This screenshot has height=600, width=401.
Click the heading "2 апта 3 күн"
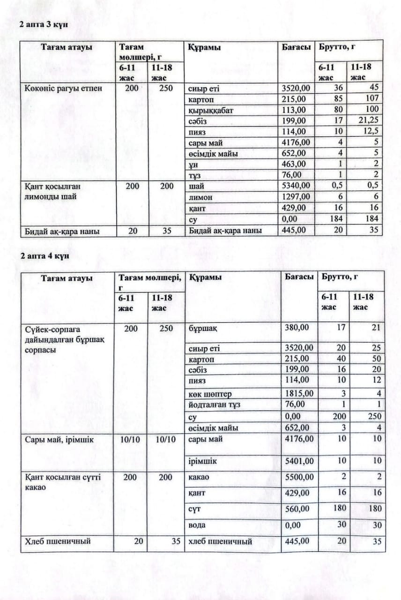(x=44, y=24)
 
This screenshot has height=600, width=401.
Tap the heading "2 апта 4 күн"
(x=44, y=256)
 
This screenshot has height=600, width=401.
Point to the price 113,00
(x=294, y=110)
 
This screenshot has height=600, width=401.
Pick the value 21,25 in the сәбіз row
(x=368, y=120)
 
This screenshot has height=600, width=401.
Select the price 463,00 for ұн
(x=294, y=164)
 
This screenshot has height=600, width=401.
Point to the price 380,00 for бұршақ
(x=297, y=327)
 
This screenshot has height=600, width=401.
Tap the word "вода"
(x=197, y=525)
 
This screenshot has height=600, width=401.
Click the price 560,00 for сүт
(x=297, y=509)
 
